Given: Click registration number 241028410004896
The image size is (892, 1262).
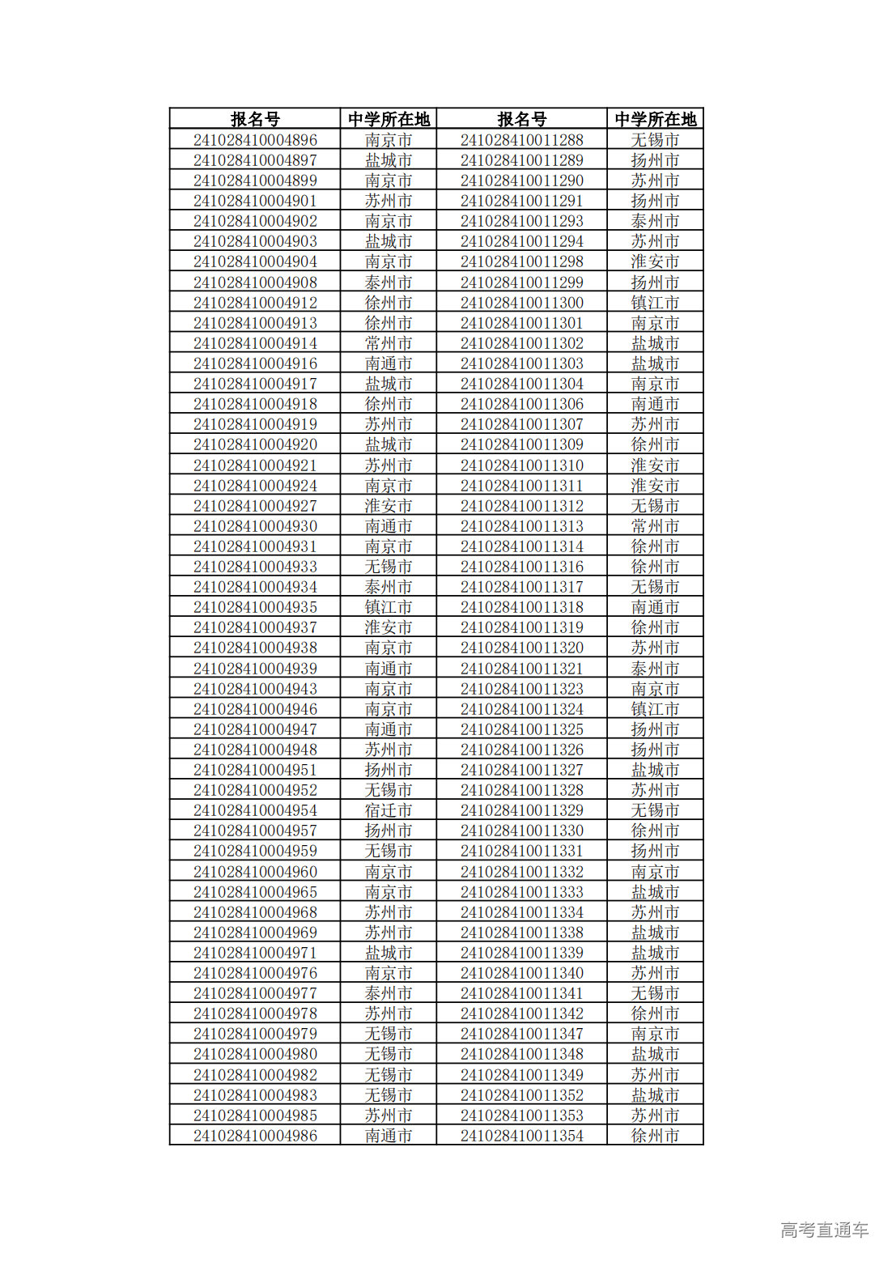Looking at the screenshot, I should (255, 140).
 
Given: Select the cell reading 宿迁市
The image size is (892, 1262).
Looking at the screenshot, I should (388, 810).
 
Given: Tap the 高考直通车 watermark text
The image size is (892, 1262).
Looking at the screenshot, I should (824, 1230).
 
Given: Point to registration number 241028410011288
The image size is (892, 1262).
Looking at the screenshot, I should (521, 140).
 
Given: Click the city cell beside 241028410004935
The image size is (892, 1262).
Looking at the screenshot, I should (388, 607).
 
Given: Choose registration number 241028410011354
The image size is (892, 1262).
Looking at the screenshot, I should (521, 1136).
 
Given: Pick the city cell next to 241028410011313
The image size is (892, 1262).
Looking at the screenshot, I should (655, 526).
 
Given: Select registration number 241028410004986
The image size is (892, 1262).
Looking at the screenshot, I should (255, 1136).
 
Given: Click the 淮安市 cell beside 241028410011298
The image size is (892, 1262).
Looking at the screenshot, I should (655, 261).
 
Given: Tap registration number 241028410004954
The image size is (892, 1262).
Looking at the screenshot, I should (255, 810).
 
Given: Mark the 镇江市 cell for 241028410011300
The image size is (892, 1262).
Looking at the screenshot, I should (655, 303).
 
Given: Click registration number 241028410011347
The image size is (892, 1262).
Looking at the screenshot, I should (521, 1034).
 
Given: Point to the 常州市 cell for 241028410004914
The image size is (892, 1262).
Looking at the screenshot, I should (388, 343).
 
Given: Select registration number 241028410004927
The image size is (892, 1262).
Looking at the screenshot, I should (255, 506).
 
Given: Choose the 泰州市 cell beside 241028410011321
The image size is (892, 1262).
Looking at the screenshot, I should (655, 669).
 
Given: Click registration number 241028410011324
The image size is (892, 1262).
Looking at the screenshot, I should (521, 709).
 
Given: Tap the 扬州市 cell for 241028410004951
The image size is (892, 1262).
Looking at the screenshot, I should (388, 770).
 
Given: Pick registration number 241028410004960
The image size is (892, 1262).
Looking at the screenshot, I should (255, 872).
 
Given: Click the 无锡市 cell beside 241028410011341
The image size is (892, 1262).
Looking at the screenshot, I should (655, 993).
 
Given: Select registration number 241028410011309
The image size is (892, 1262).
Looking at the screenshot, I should (521, 444).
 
